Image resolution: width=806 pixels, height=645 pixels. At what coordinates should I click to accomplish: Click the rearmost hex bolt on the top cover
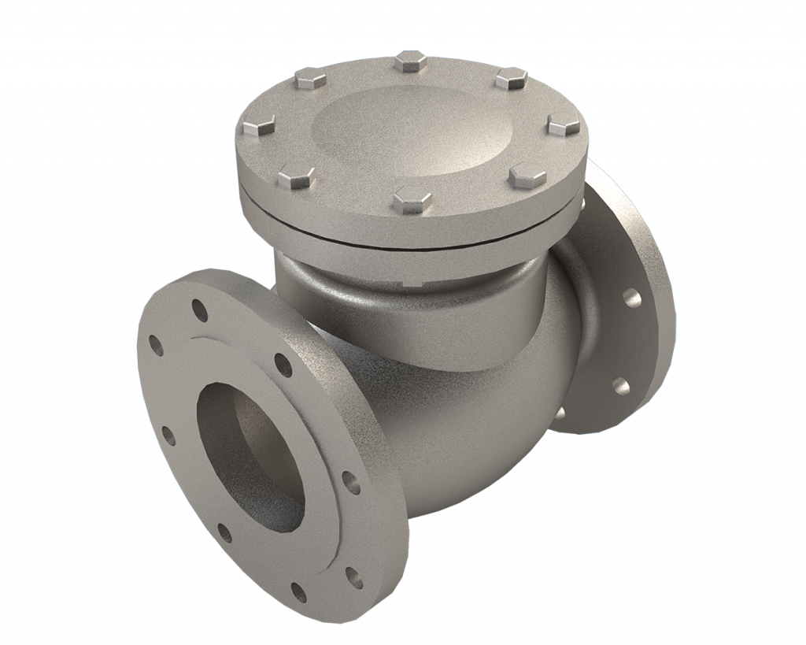[410, 61]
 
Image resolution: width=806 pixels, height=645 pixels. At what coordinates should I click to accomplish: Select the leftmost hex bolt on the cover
[259, 124]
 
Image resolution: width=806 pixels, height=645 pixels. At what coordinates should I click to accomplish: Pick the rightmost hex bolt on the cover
[564, 123]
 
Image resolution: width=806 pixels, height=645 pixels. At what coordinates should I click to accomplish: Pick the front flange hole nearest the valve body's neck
[281, 361]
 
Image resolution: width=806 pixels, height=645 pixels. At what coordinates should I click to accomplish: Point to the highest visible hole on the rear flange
[629, 298]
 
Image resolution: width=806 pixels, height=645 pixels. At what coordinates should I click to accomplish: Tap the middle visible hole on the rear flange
[619, 385]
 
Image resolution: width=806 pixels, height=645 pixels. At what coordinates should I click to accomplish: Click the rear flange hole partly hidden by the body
[560, 413]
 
